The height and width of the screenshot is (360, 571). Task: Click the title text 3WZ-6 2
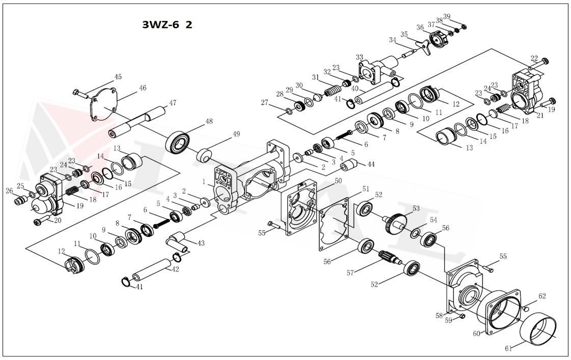tap(167, 25)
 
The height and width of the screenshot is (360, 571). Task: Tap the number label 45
tap(118, 77)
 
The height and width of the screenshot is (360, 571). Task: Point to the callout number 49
tap(236, 134)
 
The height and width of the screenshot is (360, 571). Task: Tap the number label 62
tap(542, 296)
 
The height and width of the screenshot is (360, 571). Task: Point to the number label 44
tap(370, 164)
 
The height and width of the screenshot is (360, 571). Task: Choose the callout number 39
tap(447, 17)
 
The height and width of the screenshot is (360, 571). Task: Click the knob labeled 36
tap(437, 39)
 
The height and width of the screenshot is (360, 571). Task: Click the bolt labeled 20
tap(40, 221)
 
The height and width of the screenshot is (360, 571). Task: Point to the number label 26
tap(9, 191)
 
